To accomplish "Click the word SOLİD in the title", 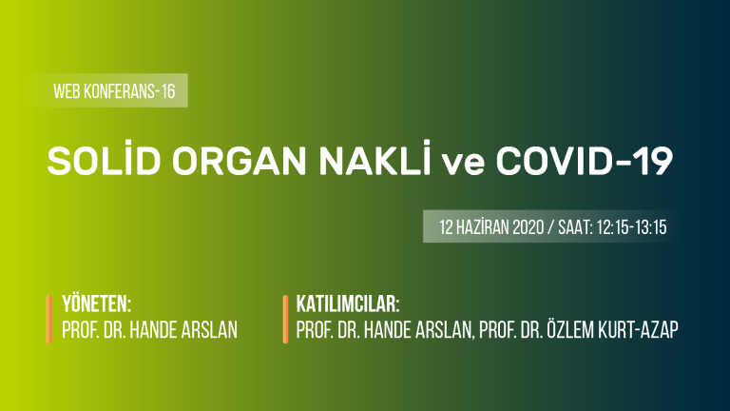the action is tap(104, 159).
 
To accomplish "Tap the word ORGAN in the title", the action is tap(240, 161).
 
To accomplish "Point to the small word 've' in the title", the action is tap(463, 164).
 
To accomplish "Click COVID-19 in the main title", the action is tap(585, 161).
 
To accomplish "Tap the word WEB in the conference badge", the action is tap(67, 91).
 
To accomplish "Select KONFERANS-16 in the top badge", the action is tap(129, 91).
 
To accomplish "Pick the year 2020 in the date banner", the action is tap(528, 227).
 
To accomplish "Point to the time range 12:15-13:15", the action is tap(631, 227).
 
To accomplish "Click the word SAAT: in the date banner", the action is tap(575, 227).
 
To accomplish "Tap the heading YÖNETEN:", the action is tap(96, 303).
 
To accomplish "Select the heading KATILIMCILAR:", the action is tap(348, 304).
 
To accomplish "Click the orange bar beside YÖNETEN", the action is tap(48, 320).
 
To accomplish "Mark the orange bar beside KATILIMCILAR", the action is tap(285, 320).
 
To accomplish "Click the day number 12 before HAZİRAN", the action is tap(446, 227).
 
